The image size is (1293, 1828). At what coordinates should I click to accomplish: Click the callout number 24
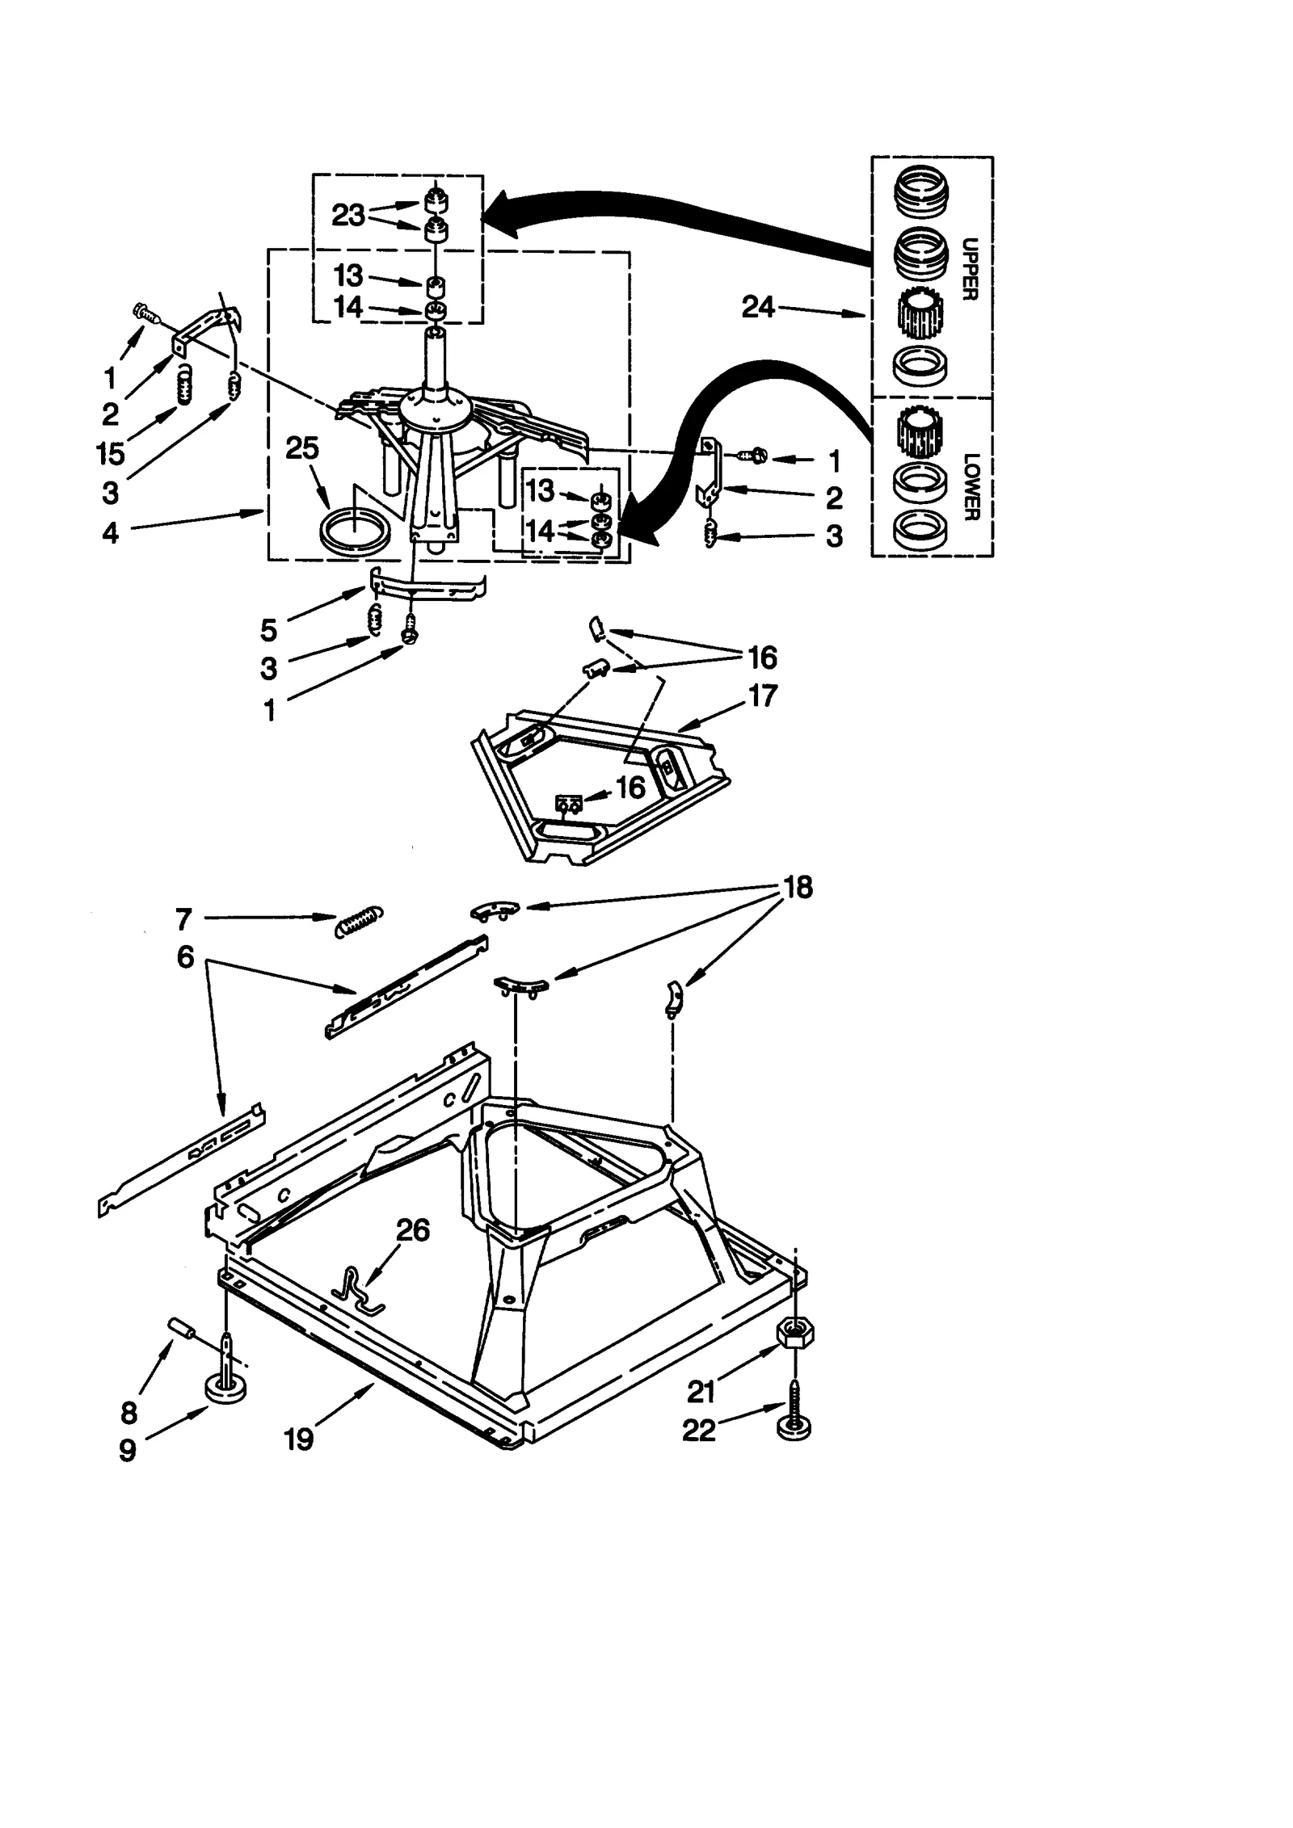757,307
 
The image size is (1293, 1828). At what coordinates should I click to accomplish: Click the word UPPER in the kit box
971,269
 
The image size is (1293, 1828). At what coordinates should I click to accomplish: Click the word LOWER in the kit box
971,486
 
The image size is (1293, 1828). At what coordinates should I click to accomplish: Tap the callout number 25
302,448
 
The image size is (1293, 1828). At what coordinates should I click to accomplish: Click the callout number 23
348,215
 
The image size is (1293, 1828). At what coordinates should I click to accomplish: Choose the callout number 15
111,453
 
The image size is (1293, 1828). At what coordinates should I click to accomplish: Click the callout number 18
798,887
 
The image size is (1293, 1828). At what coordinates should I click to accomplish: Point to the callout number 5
268,629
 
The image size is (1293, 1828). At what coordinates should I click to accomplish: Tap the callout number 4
110,532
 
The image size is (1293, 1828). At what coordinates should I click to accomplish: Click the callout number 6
185,957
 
